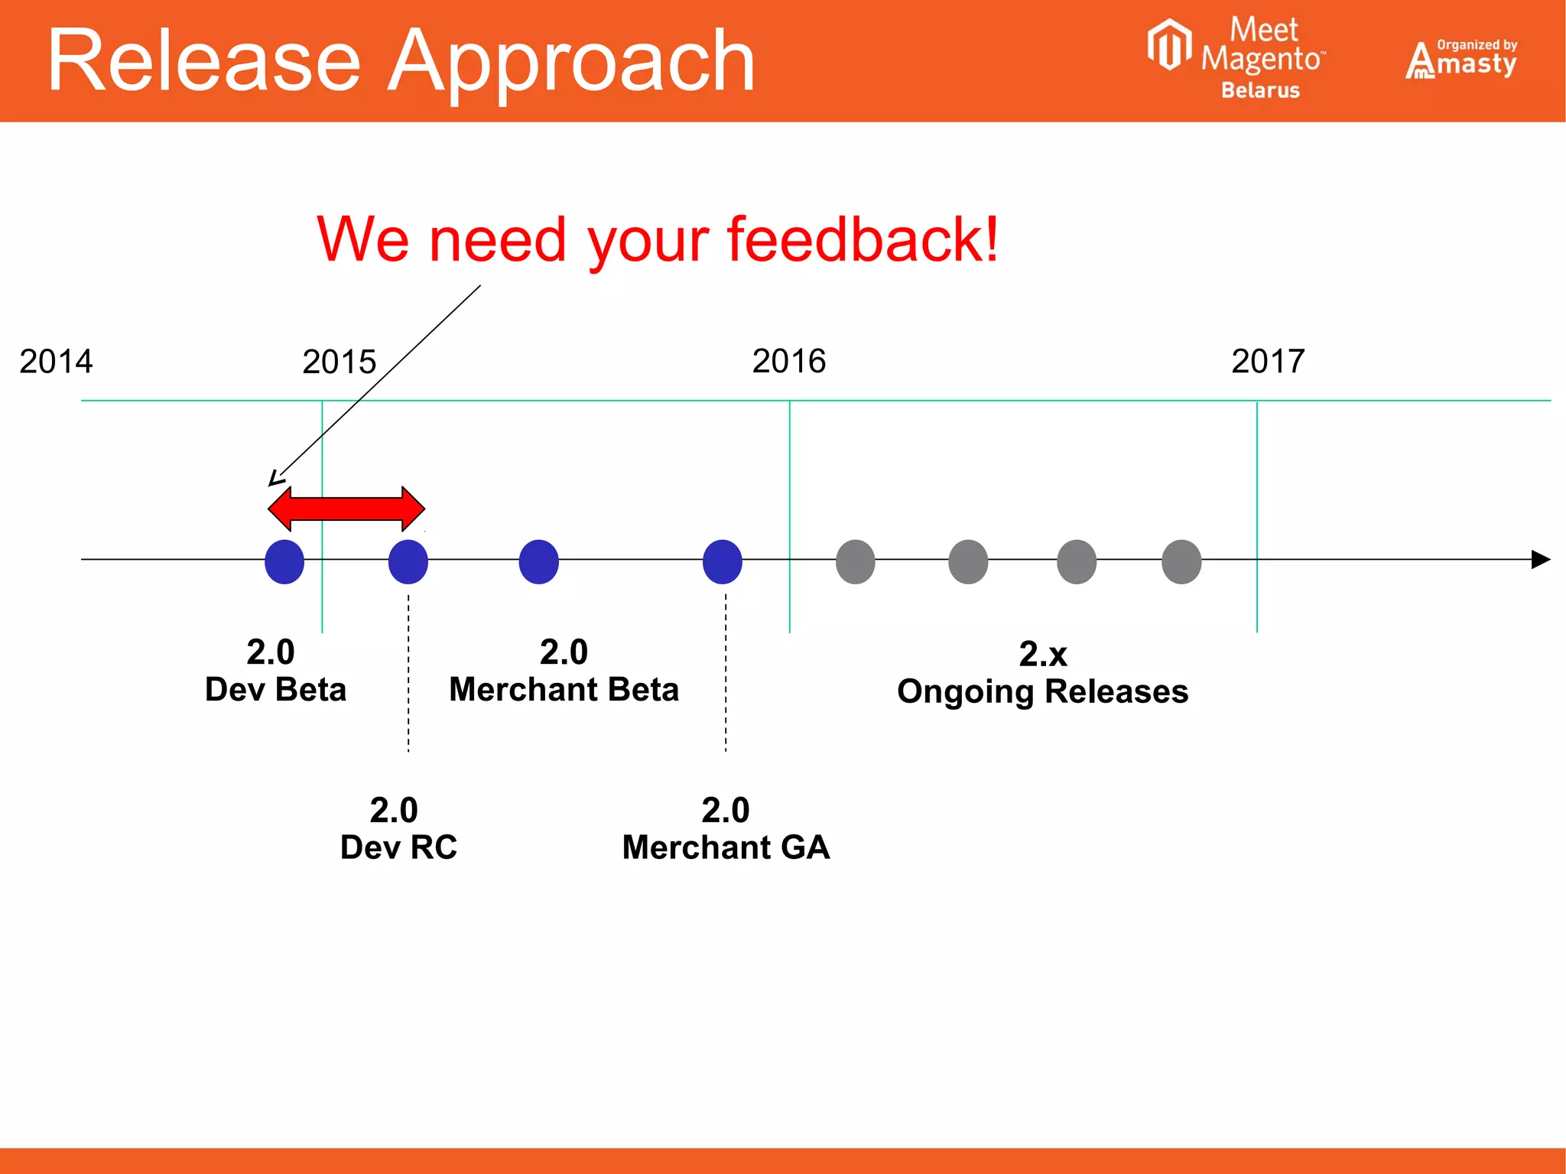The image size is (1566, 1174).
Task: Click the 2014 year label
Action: (56, 361)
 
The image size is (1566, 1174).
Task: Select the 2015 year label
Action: (339, 362)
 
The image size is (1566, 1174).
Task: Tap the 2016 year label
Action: (788, 361)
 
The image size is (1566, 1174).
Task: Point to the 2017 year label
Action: (1267, 361)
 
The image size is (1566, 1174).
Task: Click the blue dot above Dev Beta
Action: (284, 561)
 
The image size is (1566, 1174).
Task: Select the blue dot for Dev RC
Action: (408, 561)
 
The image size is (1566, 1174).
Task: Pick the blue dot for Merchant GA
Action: (722, 561)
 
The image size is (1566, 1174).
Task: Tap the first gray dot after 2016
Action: (855, 561)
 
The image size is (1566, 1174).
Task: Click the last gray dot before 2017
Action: (1181, 561)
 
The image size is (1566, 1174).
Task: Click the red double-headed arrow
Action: (346, 509)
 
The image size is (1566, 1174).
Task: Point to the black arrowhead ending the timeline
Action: (1540, 559)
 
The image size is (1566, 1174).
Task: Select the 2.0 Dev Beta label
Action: (275, 671)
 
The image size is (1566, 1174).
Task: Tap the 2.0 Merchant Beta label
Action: (564, 671)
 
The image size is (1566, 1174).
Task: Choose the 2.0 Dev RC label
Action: (398, 828)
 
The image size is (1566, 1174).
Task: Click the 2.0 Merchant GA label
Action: (726, 828)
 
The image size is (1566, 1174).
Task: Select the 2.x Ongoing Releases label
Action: (1042, 673)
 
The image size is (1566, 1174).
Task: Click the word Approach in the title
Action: (571, 61)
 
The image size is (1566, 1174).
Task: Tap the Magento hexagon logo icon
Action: (1169, 44)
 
